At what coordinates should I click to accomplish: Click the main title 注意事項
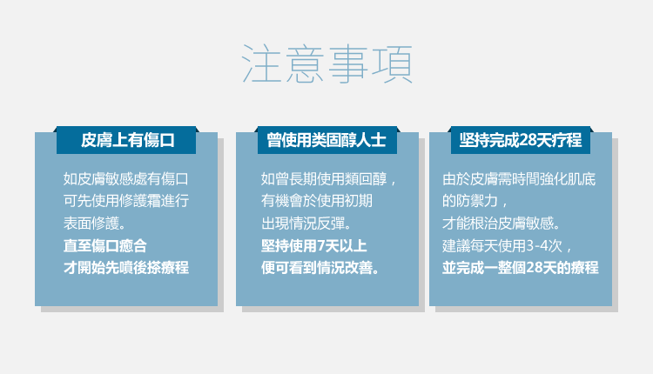pos(327,64)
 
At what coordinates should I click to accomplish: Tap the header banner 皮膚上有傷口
pos(126,140)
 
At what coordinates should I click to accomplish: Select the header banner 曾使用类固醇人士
pos(326,140)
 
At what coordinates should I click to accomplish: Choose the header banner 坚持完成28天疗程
pos(521,140)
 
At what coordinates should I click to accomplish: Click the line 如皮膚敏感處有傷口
pos(126,179)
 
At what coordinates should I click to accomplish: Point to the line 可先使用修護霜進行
pos(126,201)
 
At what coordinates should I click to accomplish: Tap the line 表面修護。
pos(95,224)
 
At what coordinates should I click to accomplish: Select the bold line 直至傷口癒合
pos(105,245)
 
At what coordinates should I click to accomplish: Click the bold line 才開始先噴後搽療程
pos(126,268)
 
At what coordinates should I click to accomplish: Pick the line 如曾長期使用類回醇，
pos(329,179)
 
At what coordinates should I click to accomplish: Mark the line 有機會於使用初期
pos(317,201)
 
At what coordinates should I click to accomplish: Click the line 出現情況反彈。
pos(306,224)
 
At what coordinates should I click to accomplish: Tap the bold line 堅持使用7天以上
pos(314,245)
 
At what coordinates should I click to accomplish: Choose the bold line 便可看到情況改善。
pos(320,268)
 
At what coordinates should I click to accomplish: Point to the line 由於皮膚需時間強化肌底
pos(519,179)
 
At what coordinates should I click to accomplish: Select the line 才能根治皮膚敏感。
pos(502,224)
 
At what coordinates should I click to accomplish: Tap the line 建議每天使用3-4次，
pos(508,245)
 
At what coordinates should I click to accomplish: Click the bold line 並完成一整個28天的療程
pos(521,268)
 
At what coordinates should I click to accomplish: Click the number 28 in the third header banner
pos(528,140)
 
